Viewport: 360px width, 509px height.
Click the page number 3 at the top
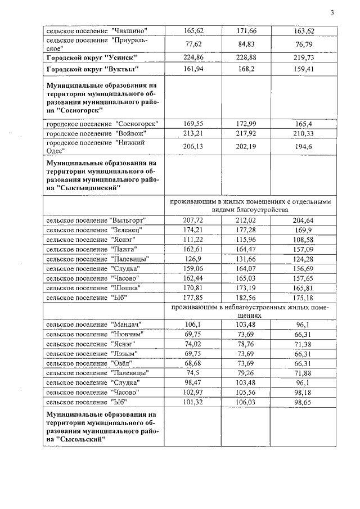pos(332,13)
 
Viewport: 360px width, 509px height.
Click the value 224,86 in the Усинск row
pos(193,57)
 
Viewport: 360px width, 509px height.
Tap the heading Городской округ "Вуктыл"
pos(92,69)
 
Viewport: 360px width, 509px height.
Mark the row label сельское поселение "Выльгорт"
pos(94,220)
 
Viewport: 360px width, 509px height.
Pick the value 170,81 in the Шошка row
pos(193,288)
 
